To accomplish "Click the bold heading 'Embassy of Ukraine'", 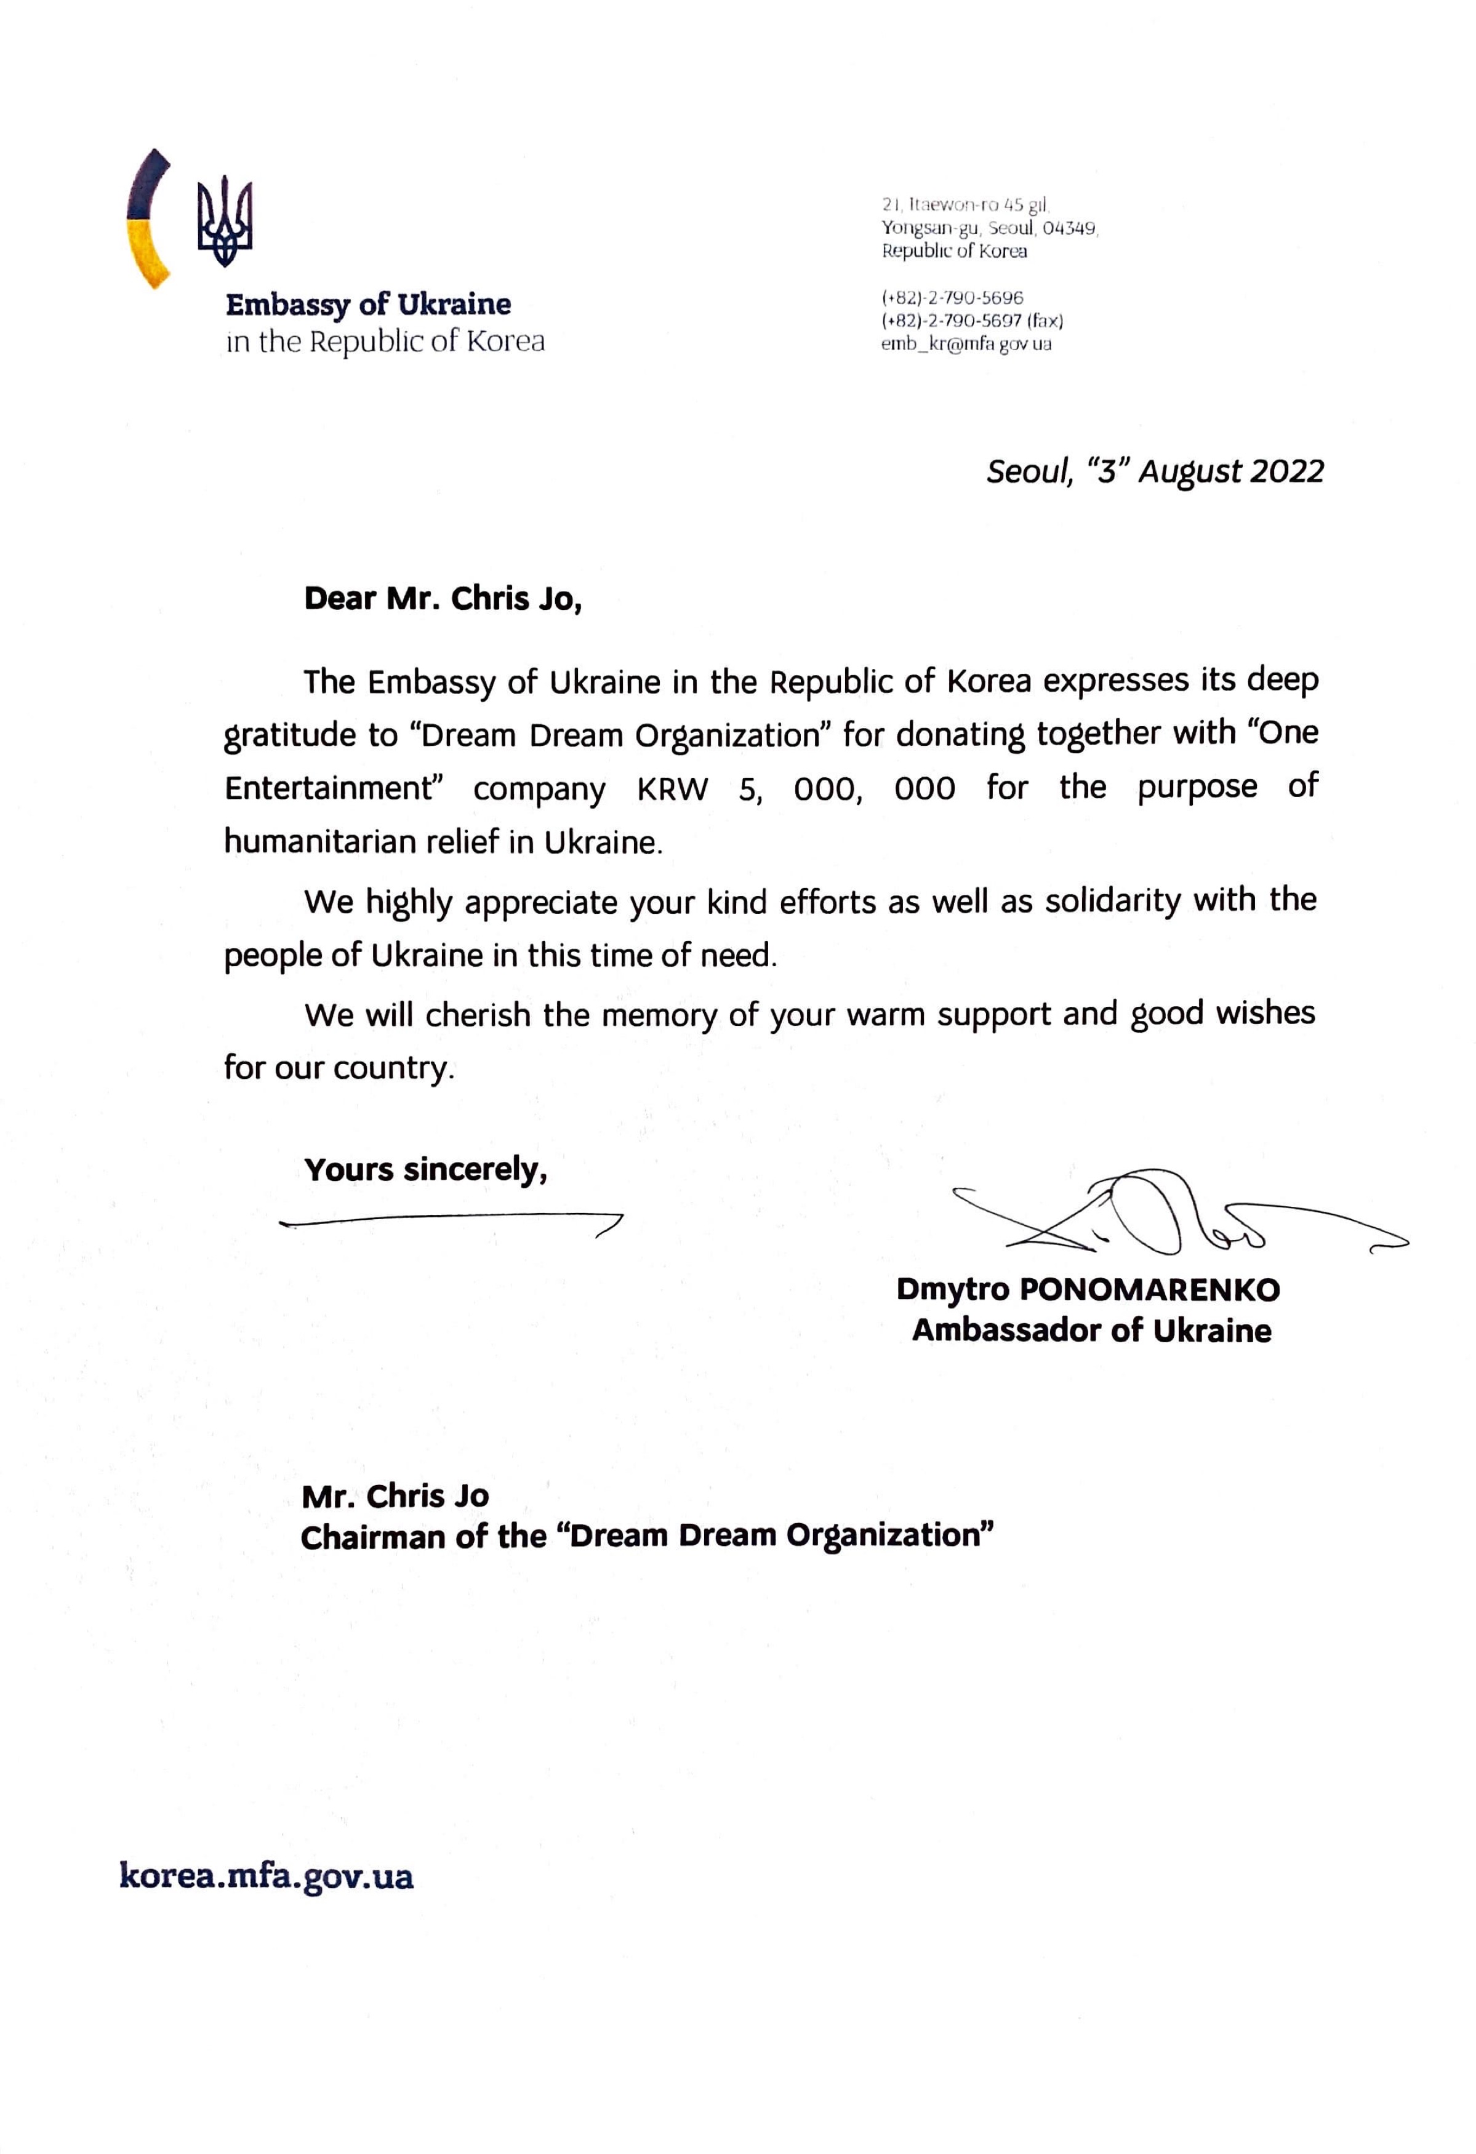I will pyautogui.click(x=368, y=304).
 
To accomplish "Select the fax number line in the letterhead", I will pyautogui.click(x=972, y=321).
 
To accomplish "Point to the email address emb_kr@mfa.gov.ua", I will pyautogui.click(x=966, y=344).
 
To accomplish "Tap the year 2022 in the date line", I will pyautogui.click(x=1287, y=472).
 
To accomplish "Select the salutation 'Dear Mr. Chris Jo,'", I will pyautogui.click(x=443, y=599).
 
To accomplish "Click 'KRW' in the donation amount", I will pyautogui.click(x=672, y=789).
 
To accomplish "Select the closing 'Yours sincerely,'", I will pyautogui.click(x=425, y=1170).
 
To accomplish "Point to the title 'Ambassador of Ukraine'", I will pyautogui.click(x=1091, y=1331).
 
